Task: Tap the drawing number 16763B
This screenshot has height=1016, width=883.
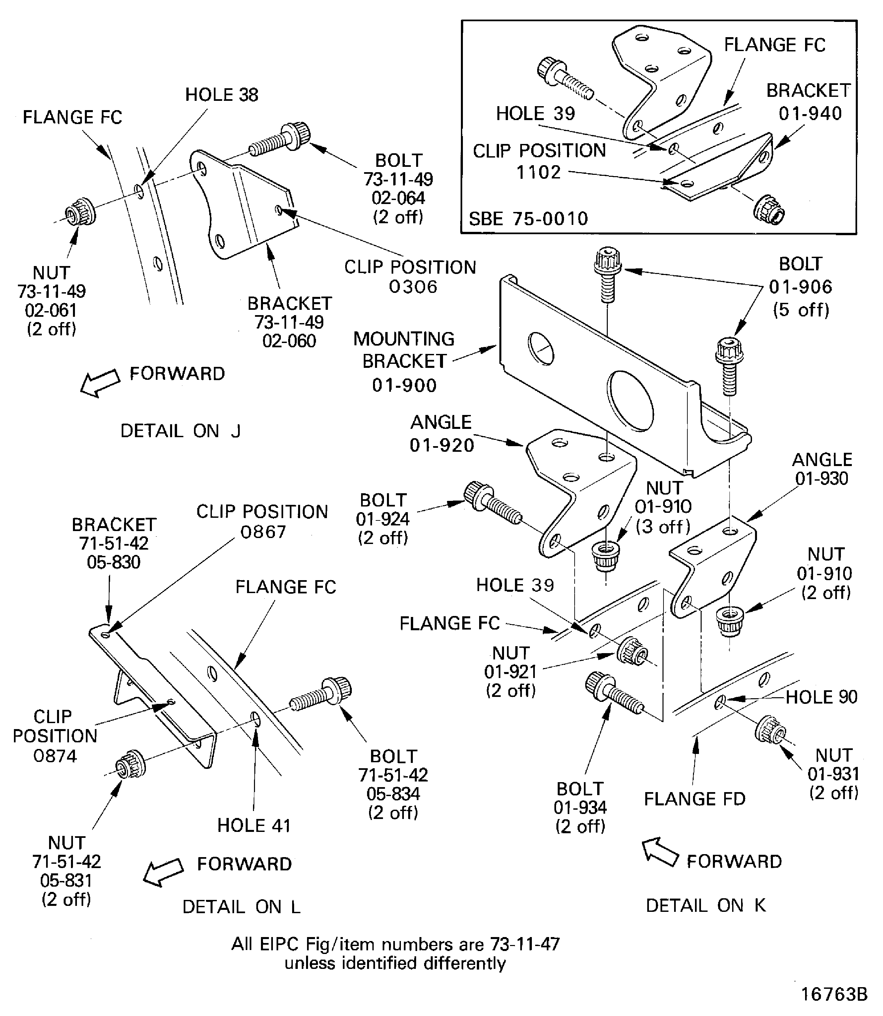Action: (834, 994)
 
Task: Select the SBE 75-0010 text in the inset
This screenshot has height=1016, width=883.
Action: (528, 218)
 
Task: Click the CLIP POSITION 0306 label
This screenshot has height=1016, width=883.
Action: (410, 277)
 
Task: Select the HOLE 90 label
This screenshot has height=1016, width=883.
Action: (821, 697)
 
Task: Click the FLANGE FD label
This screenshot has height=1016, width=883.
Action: (694, 799)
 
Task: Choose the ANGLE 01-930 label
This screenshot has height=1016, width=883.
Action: (821, 469)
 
